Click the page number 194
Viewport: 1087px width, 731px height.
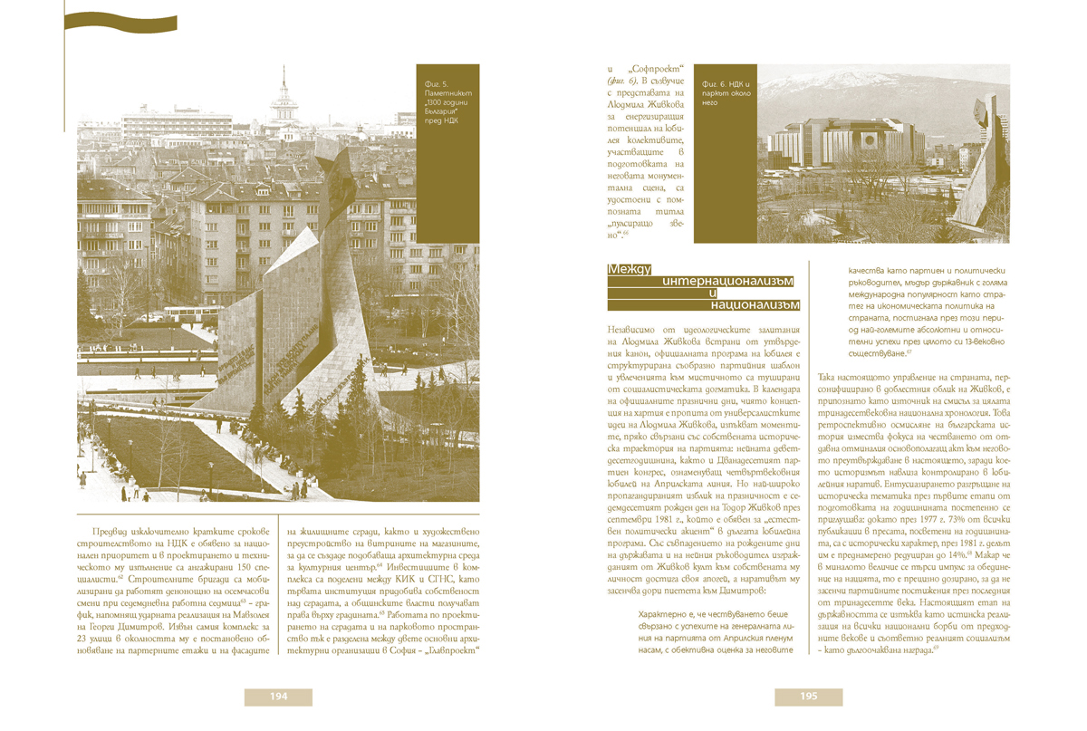coord(278,697)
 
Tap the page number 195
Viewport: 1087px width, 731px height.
coord(808,697)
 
